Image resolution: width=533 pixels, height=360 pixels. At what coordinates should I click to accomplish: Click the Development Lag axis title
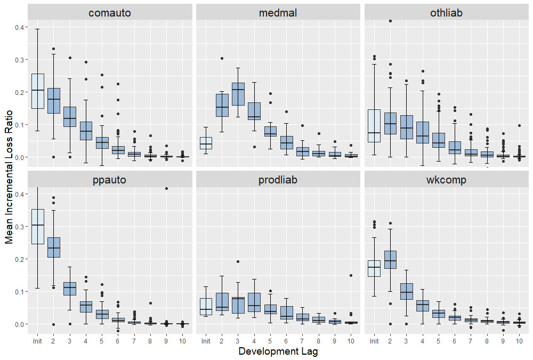click(278, 351)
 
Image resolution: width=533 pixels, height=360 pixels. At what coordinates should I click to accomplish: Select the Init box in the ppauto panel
click(37, 226)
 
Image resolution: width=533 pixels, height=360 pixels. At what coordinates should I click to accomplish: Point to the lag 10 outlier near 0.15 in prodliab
click(351, 276)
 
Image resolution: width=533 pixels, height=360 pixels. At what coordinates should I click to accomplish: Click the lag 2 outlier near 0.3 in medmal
click(222, 59)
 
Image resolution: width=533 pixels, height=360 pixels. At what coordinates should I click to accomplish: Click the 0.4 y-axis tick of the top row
click(19, 27)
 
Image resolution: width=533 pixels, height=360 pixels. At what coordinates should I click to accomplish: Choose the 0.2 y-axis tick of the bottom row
click(19, 259)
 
